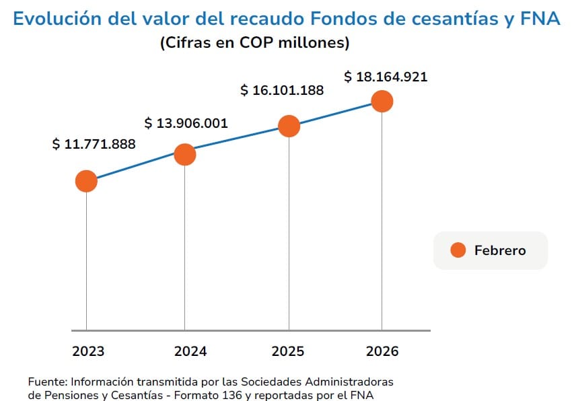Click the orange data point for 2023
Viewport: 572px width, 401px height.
pos(86,181)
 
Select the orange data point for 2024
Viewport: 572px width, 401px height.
pos(184,154)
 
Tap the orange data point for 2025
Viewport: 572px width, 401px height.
pos(289,126)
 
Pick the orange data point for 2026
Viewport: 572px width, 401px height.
pos(382,102)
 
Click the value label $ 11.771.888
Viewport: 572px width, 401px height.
pos(94,144)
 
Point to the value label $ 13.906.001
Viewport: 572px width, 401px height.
pos(186,123)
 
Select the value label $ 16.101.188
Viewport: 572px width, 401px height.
pos(282,90)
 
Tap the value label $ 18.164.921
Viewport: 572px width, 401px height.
pos(386,77)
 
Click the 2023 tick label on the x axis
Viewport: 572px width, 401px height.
pos(88,351)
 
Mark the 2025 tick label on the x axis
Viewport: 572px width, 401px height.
pos(288,351)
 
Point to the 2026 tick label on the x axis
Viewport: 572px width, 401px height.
pos(382,351)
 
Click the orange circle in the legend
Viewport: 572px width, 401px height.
pos(458,250)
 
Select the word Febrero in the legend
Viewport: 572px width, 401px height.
pos(500,250)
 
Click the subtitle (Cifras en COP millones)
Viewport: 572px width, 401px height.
pos(254,43)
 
